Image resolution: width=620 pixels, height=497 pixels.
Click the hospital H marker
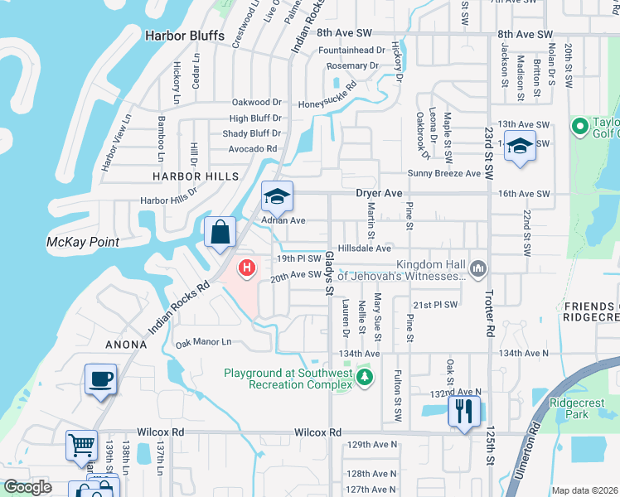(246, 268)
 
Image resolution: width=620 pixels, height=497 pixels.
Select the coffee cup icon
(100, 380)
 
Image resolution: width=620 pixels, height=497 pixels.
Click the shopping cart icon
(81, 446)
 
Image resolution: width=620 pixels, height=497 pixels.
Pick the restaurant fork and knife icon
(463, 410)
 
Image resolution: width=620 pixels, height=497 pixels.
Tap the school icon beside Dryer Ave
(277, 196)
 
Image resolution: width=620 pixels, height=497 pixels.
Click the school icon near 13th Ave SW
(519, 147)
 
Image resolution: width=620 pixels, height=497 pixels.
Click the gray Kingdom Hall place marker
(477, 268)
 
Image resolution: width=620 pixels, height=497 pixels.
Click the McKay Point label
(83, 242)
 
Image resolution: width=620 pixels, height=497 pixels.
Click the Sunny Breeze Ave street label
(444, 173)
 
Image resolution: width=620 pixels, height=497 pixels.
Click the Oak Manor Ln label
(203, 341)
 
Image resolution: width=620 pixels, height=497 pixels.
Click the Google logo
(27, 487)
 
